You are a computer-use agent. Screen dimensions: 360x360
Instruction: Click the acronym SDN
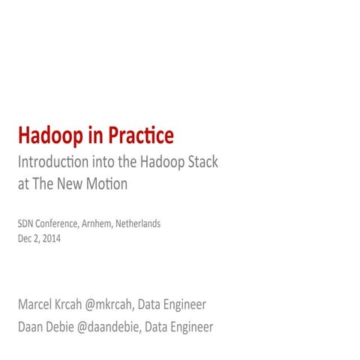point(25,223)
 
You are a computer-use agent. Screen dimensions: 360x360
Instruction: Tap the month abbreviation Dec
point(24,238)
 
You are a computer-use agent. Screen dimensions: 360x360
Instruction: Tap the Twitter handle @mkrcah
point(135,305)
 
